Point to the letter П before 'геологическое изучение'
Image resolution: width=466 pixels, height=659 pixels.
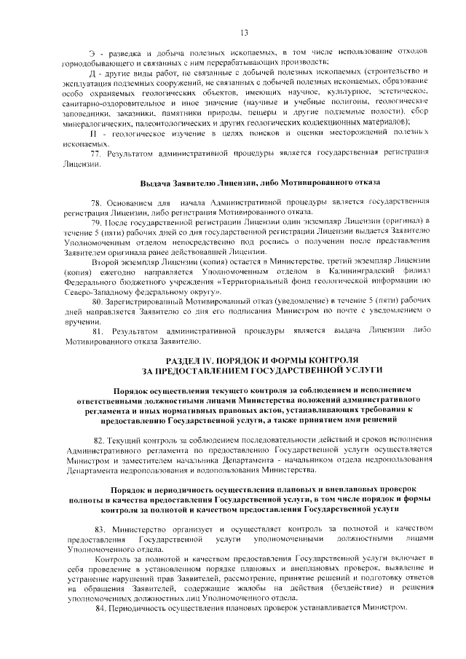click(92, 135)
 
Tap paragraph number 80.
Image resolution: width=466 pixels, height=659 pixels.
click(96, 300)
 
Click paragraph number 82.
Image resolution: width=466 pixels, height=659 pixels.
click(98, 441)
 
